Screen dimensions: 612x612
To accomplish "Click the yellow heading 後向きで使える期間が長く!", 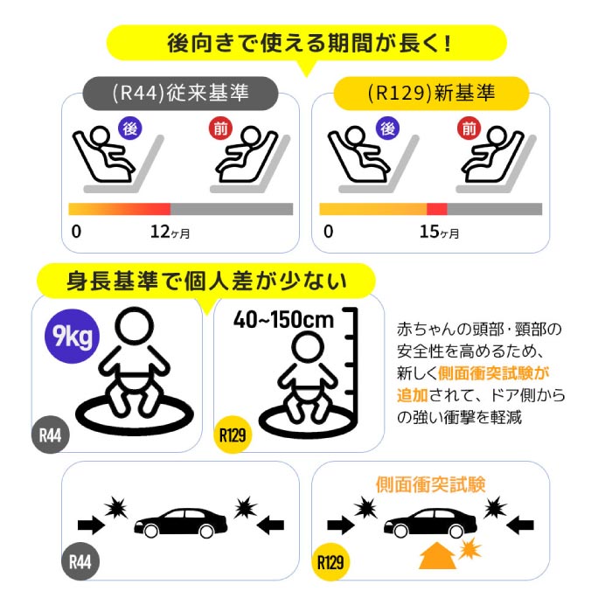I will coord(306,42).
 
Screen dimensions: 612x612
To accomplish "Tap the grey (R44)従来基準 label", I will coord(181,93).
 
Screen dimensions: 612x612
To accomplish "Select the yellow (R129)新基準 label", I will coord(433,93).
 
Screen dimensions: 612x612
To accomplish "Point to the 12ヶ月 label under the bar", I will coord(170,233).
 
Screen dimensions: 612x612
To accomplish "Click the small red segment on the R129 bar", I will coord(436,209).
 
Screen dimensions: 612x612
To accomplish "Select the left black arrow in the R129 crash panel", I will coord(337,525).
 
